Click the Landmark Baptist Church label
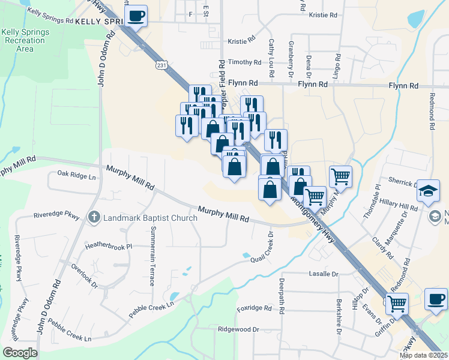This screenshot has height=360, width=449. (150, 218)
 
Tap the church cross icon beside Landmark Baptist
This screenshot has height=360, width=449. (94, 217)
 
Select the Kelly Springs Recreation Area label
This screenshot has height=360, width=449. (24, 40)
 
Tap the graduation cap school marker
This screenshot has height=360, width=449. (428, 190)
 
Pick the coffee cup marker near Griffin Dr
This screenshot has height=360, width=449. (436, 299)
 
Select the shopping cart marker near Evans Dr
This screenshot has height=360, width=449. (396, 303)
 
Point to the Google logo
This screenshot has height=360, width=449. (20, 352)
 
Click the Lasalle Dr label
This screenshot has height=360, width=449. (324, 274)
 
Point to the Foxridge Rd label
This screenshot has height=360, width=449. (255, 308)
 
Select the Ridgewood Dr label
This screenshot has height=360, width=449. (238, 329)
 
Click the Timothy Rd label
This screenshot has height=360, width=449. (244, 62)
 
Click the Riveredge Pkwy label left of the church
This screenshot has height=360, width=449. (57, 214)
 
